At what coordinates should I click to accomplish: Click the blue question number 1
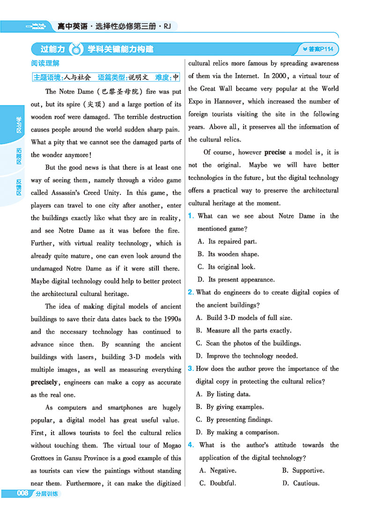(191, 216)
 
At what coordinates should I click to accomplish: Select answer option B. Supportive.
(303, 470)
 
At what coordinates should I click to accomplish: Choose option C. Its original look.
(226, 267)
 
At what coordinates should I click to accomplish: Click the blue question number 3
(191, 369)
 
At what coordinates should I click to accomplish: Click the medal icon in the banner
(75, 49)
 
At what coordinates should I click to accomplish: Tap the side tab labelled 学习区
(19, 125)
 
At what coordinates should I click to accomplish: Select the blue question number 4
(191, 445)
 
